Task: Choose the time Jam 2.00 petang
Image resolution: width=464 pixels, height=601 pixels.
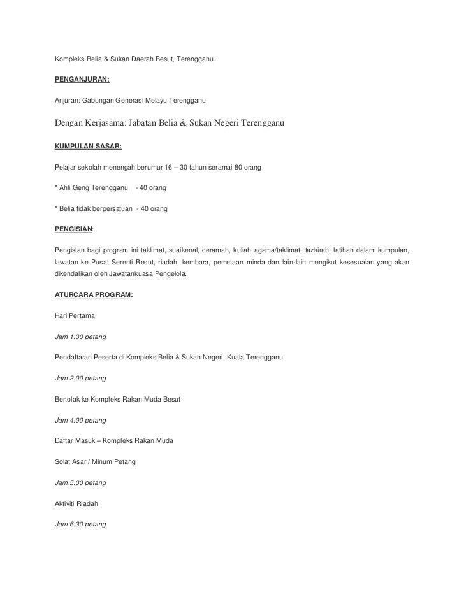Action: [x=80, y=378]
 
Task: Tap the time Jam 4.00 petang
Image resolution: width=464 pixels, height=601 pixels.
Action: [x=80, y=420]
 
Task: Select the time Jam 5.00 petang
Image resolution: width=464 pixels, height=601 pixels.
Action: [x=80, y=483]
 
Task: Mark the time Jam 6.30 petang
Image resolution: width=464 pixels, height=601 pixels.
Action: [x=80, y=525]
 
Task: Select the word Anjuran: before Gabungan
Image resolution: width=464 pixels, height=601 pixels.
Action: [x=68, y=101]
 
